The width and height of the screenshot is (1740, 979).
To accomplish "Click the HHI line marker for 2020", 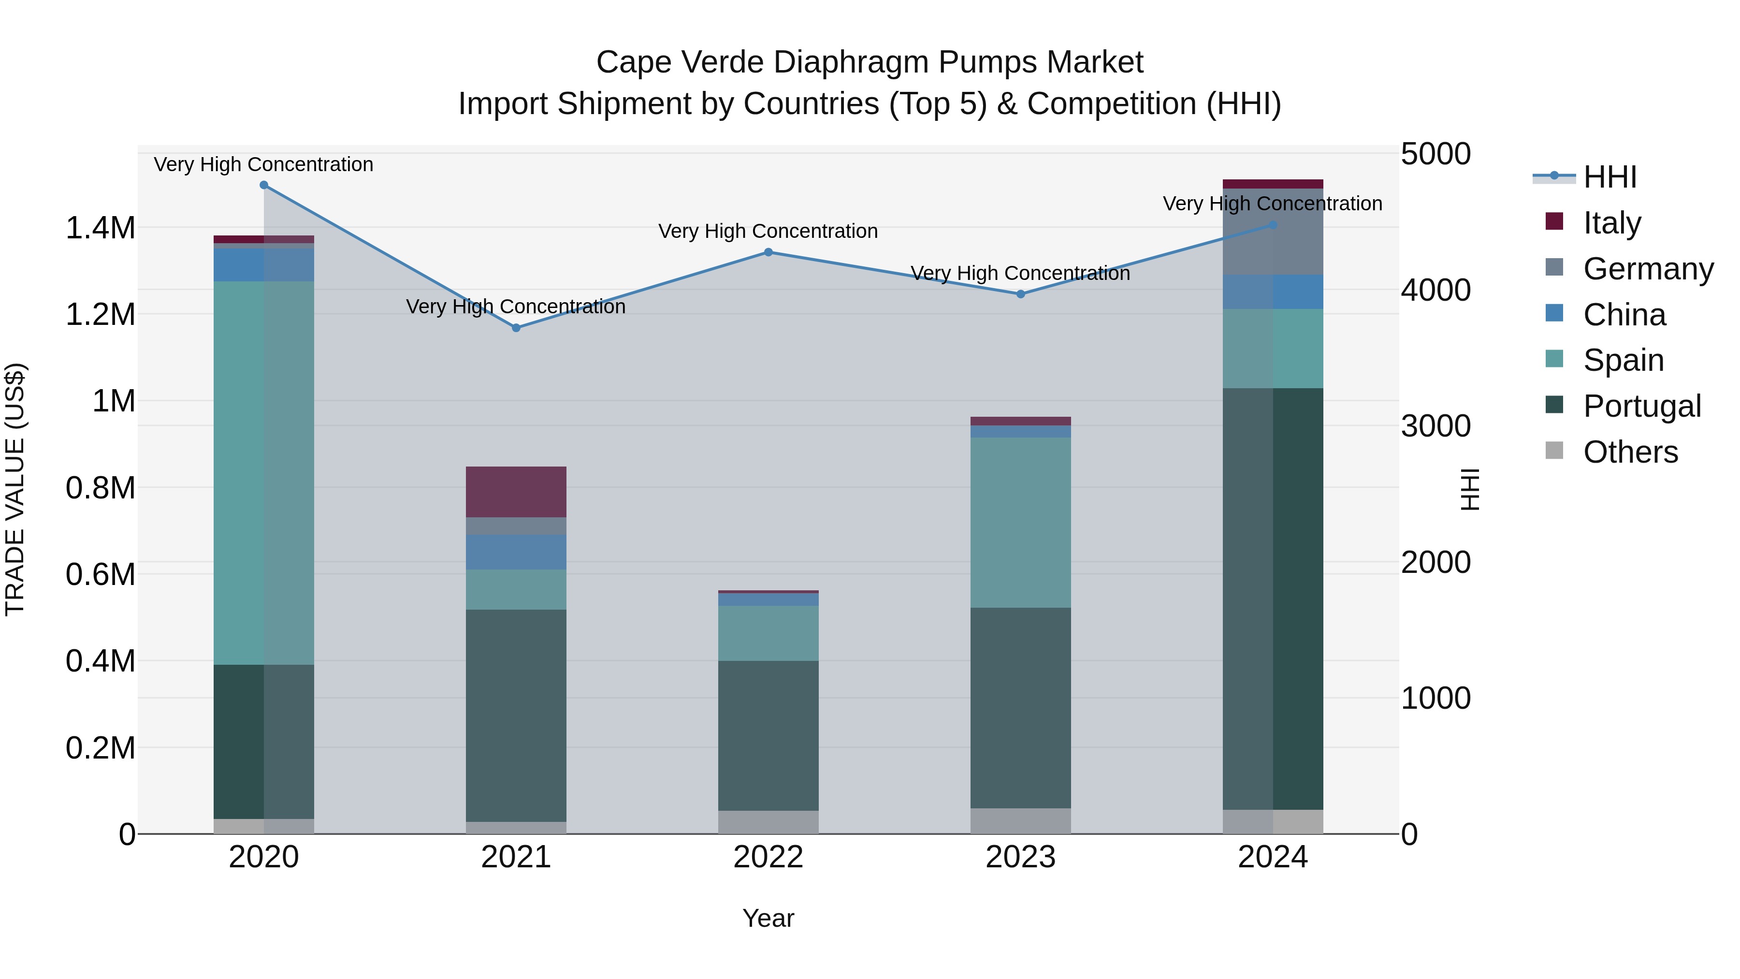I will point(264,185).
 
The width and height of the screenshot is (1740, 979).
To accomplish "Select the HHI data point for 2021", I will point(516,328).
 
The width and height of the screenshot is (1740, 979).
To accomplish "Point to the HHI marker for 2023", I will point(1021,294).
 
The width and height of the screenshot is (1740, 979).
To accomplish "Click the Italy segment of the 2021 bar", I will point(516,492).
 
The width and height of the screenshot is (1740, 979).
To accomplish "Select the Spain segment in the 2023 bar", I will point(1021,522).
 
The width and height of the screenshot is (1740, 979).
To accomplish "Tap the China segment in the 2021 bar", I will point(516,552).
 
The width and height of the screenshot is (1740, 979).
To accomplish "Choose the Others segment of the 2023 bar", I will point(1021,821).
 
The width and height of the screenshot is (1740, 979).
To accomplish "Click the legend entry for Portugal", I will point(1641,406).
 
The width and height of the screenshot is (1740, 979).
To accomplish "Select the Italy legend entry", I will point(1611,223).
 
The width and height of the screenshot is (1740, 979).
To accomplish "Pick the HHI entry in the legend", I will point(1609,177).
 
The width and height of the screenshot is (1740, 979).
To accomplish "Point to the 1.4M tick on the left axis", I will point(100,228).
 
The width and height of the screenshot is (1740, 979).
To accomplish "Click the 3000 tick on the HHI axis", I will point(1435,426).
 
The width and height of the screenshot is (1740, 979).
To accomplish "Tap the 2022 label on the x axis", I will point(768,857).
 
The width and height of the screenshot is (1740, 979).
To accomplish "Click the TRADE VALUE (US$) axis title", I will point(15,489).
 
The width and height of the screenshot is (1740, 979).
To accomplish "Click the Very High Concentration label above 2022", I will point(768,231).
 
